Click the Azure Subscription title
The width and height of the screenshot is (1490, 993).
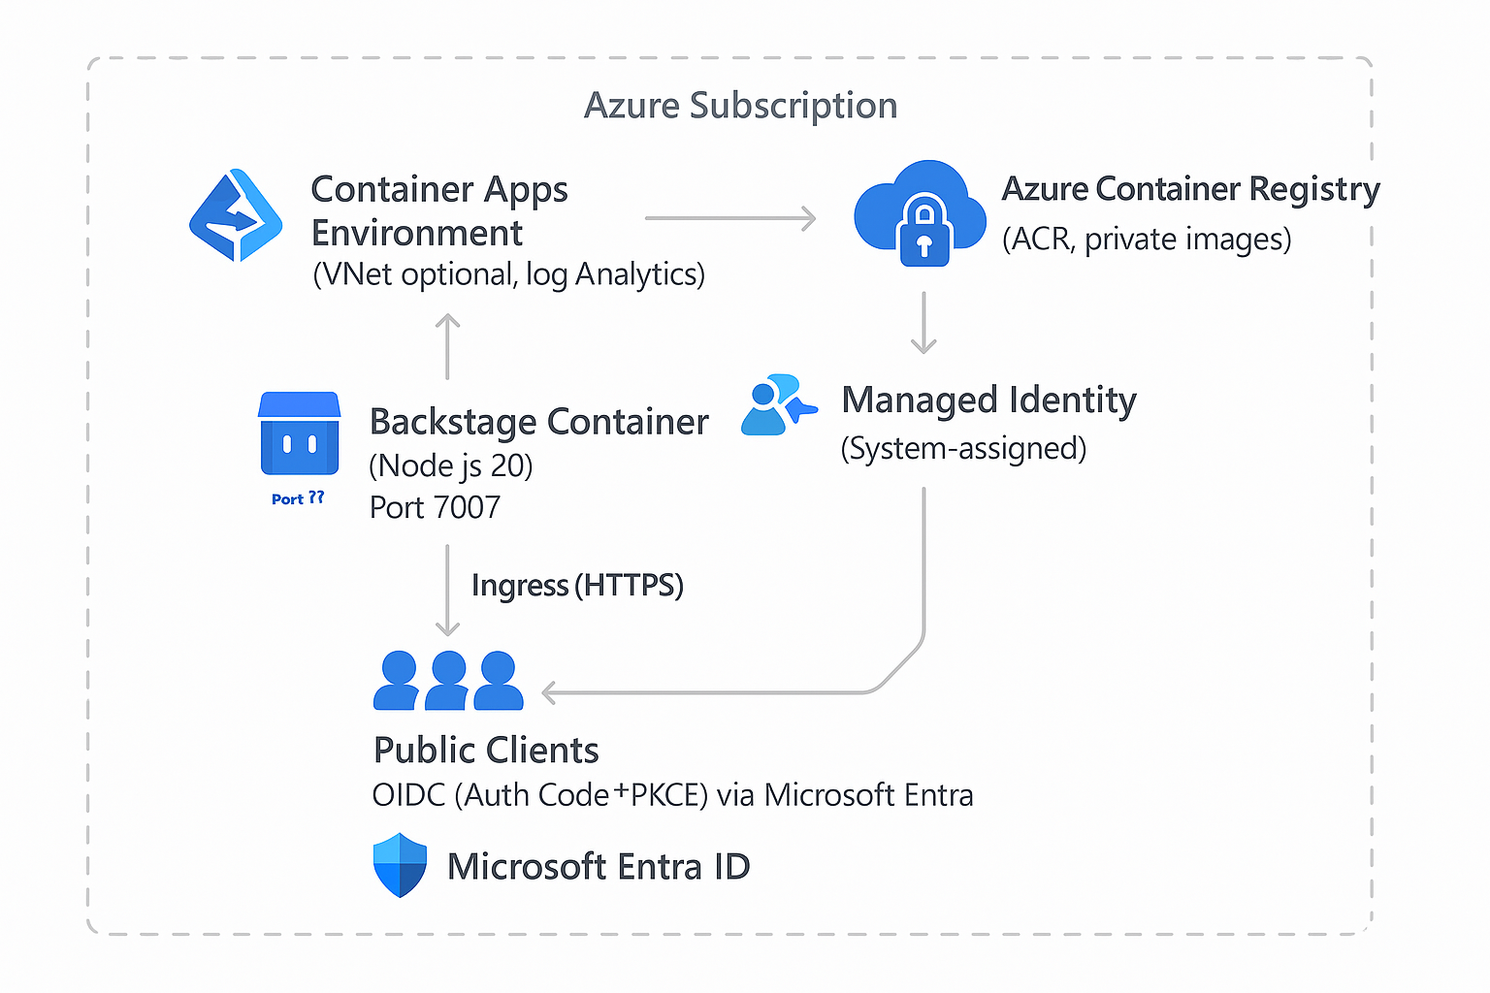[740, 106]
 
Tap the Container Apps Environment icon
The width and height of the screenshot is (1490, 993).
[236, 215]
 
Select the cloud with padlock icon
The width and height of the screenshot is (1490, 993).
[919, 213]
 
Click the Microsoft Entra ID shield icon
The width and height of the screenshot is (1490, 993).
[400, 865]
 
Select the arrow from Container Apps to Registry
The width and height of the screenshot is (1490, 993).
[729, 218]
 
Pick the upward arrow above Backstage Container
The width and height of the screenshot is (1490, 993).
[447, 346]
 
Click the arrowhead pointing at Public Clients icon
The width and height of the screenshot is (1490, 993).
[549, 692]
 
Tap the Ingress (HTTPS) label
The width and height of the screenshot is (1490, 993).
[577, 586]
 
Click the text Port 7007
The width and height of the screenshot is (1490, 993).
[435, 507]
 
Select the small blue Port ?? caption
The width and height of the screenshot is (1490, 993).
[298, 498]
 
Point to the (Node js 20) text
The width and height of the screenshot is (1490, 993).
[451, 465]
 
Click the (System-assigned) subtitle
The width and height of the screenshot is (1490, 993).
[963, 448]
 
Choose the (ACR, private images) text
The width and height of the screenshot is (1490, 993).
[1147, 239]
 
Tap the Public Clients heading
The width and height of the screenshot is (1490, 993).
[486, 750]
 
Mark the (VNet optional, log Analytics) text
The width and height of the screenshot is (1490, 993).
[508, 274]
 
